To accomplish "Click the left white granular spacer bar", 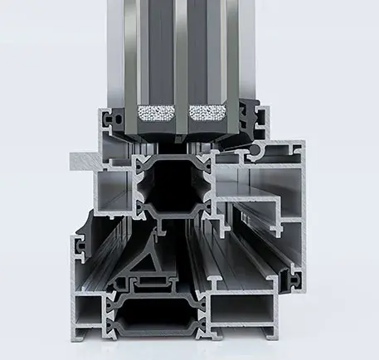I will [x=157, y=113].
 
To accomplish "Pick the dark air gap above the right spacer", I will [x=203, y=50].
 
